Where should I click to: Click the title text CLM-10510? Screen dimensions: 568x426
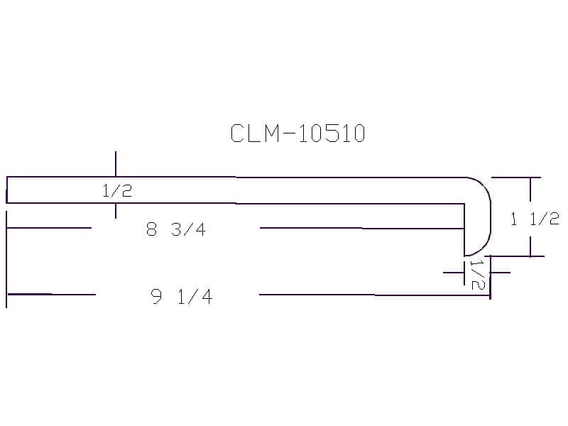[x=297, y=133]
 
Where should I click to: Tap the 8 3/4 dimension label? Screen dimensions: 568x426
[x=176, y=229]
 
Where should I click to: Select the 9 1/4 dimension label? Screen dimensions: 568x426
[x=182, y=296]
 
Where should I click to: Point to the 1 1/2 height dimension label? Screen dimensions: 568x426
[x=535, y=219]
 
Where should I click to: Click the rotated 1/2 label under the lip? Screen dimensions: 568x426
[x=477, y=274]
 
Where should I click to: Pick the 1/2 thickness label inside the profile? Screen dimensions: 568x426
[x=117, y=190]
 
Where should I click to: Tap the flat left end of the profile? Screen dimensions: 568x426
[x=6, y=190]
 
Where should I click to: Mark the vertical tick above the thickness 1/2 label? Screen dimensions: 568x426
[x=116, y=164]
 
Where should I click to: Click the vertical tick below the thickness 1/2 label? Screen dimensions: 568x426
[x=116, y=211]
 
